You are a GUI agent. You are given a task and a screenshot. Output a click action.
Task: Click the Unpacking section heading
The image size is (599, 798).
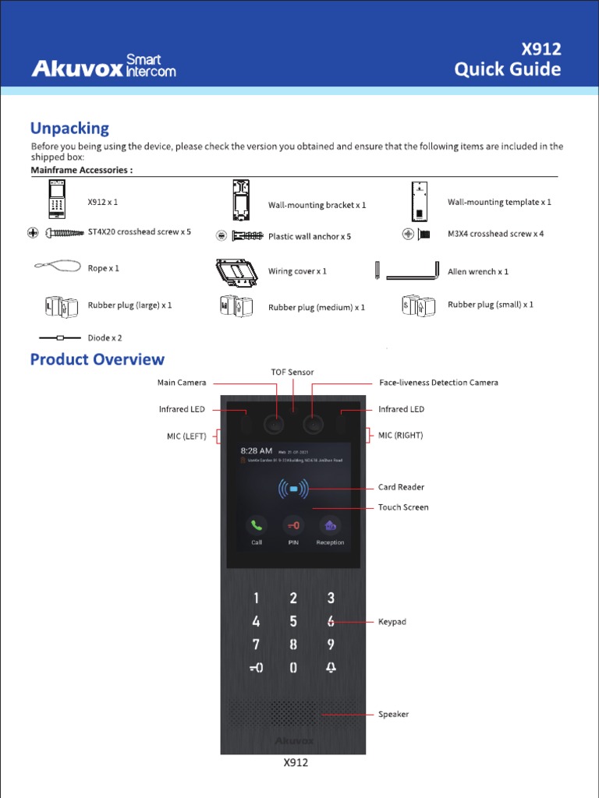(69, 128)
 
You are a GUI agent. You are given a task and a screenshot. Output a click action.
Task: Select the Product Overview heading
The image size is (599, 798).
(97, 359)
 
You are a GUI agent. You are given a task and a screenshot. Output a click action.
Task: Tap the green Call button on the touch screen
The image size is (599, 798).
(257, 525)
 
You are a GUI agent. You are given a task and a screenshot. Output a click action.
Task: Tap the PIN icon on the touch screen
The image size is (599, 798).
(292, 525)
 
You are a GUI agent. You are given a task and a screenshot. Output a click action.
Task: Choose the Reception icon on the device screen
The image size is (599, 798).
(330, 526)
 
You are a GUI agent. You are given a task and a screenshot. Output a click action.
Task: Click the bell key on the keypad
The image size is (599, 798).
(331, 668)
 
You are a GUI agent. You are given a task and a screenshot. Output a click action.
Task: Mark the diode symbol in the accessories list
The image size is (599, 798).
(61, 338)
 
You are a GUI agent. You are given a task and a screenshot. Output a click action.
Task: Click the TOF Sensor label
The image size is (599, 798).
(292, 373)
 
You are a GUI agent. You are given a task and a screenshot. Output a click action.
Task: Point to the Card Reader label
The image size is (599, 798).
(401, 487)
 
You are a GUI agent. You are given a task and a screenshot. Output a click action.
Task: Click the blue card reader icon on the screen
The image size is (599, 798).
(293, 489)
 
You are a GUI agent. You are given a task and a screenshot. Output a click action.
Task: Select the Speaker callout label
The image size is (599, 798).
(393, 714)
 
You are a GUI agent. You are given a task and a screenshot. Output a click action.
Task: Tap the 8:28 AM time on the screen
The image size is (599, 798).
(256, 450)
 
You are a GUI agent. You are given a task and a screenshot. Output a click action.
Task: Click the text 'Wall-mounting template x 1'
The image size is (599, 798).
(499, 202)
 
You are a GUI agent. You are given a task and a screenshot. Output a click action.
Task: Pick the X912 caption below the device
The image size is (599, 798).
(296, 763)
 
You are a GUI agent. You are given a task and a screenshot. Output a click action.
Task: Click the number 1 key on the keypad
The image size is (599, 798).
(256, 598)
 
